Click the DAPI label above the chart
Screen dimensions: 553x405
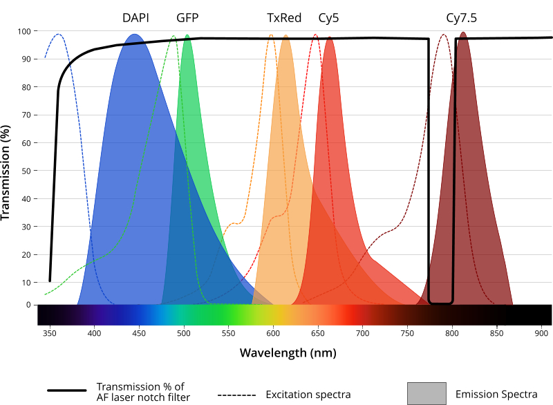tap(135, 18)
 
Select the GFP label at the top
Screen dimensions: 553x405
tap(187, 18)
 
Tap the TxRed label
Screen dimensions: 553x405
tap(284, 18)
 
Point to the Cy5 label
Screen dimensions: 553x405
tap(328, 19)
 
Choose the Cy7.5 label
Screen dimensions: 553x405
tap(461, 19)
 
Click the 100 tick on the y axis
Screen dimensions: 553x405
tap(24, 31)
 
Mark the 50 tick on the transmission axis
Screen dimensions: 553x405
tap(26, 171)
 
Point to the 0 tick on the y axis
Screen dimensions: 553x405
tap(28, 305)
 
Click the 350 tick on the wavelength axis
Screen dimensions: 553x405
tap(50, 333)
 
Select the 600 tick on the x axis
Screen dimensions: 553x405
tap(273, 333)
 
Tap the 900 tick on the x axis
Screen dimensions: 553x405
tap(541, 333)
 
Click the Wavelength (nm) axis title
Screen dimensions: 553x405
tap(288, 353)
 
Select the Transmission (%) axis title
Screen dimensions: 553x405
tap(6, 173)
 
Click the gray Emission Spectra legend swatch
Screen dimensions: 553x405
tap(427, 393)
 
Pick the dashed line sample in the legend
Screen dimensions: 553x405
tap(236, 395)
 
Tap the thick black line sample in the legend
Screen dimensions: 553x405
tap(67, 390)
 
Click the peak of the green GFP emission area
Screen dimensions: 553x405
tap(187, 35)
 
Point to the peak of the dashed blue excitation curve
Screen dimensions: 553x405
tap(59, 34)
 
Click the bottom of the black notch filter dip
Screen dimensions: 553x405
tap(441, 303)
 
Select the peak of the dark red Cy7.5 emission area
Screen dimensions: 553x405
tap(463, 32)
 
